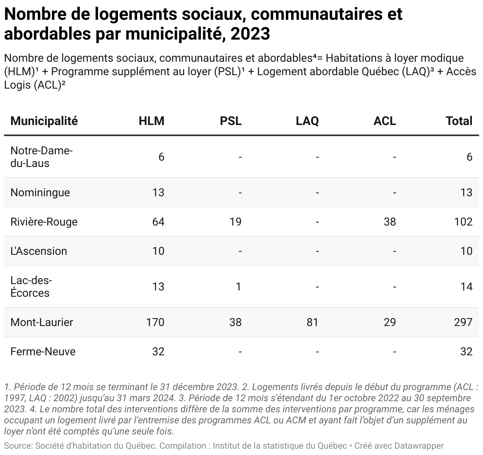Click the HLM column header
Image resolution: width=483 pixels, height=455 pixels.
pyautogui.click(x=152, y=121)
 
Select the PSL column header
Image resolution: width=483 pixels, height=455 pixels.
pyautogui.click(x=230, y=121)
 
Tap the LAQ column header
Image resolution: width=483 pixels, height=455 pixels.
pyautogui.click(x=307, y=121)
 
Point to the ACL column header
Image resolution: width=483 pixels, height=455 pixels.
pyautogui.click(x=385, y=121)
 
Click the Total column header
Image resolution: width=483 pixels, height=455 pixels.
pyautogui.click(x=459, y=121)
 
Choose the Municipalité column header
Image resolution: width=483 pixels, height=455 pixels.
pyautogui.click(x=44, y=121)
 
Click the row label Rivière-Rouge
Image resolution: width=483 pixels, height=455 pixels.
pyautogui.click(x=44, y=222)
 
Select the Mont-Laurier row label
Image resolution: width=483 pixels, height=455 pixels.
pyautogui.click(x=42, y=322)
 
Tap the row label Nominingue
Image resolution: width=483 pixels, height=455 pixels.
pyautogui.click(x=40, y=193)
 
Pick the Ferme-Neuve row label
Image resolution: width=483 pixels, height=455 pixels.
pyautogui.click(x=43, y=352)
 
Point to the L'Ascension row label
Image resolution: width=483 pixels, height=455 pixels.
pyautogui.click(x=39, y=251)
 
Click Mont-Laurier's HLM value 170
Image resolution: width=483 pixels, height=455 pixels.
pyautogui.click(x=155, y=322)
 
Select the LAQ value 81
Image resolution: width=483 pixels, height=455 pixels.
pyautogui.click(x=312, y=322)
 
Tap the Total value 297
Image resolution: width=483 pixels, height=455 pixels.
pyautogui.click(x=463, y=322)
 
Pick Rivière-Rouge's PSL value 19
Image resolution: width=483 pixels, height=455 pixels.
pyautogui.click(x=236, y=222)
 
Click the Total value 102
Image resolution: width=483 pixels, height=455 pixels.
pyautogui.click(x=463, y=222)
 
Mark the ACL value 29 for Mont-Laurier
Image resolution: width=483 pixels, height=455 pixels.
pyautogui.click(x=390, y=322)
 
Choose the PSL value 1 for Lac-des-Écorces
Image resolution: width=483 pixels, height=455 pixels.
pyautogui.click(x=239, y=287)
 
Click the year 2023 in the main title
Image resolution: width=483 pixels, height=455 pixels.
pyautogui.click(x=250, y=34)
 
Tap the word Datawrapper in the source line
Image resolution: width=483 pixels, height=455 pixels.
pyautogui.click(x=419, y=446)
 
